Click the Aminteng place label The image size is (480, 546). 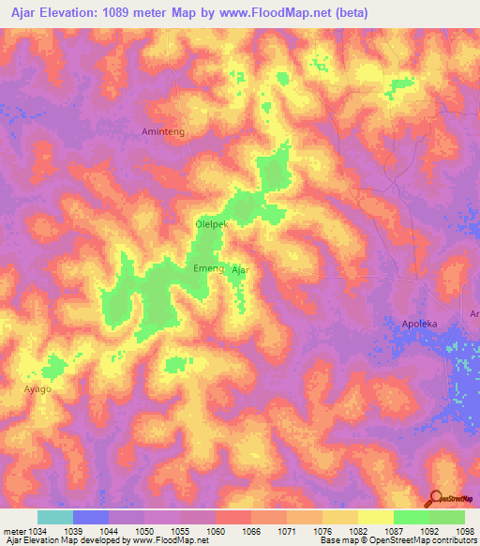[x=162, y=133]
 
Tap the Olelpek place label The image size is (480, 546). [x=212, y=224]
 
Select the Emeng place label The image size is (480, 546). [x=208, y=268]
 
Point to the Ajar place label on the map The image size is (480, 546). [x=240, y=269]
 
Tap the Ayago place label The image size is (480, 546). [x=37, y=387]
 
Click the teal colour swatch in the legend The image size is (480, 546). [x=55, y=517]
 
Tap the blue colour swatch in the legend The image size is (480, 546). [x=91, y=517]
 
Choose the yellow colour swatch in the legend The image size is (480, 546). [x=375, y=517]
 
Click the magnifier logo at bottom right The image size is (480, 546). [x=436, y=499]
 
